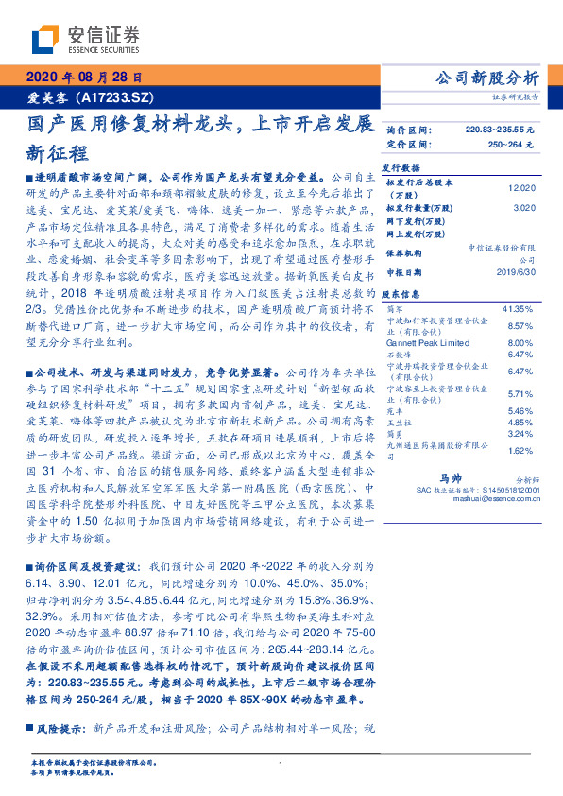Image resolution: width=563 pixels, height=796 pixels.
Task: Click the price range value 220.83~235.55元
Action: click(x=500, y=130)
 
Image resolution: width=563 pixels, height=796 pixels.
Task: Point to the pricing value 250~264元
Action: click(x=510, y=145)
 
